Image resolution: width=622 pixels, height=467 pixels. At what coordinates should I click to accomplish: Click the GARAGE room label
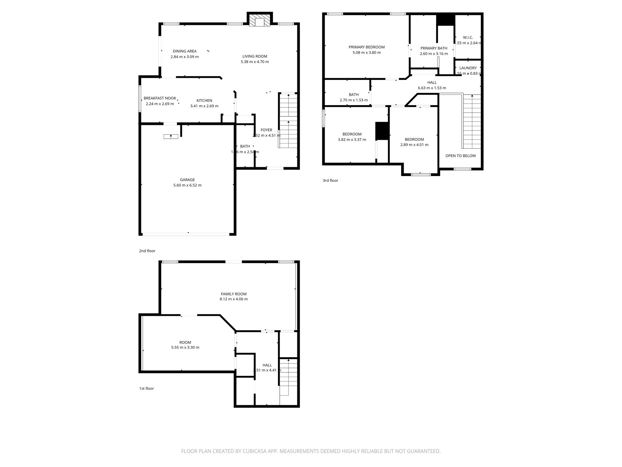coord(187,180)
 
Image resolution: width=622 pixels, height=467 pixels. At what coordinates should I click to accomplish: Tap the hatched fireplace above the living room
coord(260,20)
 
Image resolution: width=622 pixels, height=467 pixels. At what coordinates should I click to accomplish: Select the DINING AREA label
coord(184,51)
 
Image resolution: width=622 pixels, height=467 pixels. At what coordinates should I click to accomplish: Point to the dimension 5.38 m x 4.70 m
coord(255,62)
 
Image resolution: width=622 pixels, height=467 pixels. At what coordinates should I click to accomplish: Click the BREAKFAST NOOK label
coord(160,98)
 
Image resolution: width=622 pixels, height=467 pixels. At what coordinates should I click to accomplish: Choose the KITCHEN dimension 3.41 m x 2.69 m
coord(204,106)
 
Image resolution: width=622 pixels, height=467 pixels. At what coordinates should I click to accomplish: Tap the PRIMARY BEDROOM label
coord(367,47)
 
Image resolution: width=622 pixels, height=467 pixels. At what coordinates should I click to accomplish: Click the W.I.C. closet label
coord(468,37)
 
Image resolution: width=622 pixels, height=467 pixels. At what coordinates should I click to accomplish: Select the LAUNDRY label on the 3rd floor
coord(468,68)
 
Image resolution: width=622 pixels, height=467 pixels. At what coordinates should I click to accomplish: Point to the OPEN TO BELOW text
coord(460,156)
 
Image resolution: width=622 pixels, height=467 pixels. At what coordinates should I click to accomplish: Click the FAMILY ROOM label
coord(234,294)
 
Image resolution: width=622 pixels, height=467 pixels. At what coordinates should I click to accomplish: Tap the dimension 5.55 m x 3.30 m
coord(185,348)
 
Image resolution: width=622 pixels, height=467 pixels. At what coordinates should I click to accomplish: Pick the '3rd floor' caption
coord(330,181)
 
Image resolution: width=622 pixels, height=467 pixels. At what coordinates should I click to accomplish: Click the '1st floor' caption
coord(146,389)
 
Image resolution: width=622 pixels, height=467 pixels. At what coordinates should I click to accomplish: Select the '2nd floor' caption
coord(147,251)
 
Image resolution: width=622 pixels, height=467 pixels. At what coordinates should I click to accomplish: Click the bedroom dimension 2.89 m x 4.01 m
coord(414,145)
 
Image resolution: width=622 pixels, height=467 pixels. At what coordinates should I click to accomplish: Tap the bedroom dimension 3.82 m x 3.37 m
coord(352,140)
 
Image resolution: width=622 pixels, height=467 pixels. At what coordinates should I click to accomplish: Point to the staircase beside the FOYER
coord(288,122)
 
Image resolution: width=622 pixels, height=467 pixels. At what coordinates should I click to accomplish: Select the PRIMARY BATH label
coord(434,48)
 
